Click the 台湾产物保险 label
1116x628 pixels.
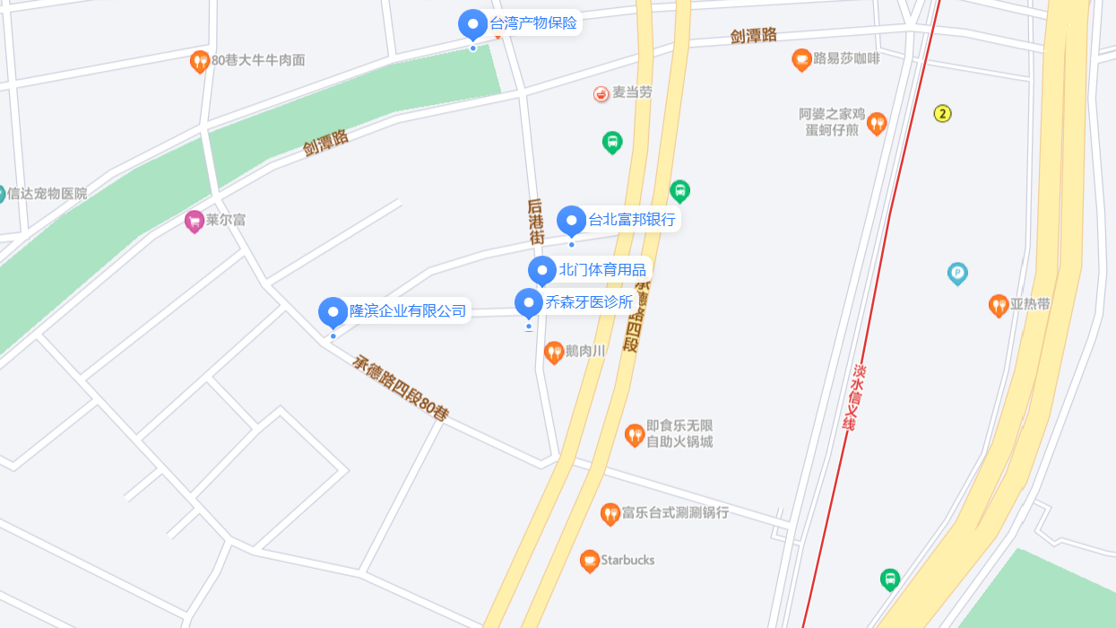coord(533,22)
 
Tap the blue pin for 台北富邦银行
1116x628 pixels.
coord(571,220)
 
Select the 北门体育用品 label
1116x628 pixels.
coord(601,270)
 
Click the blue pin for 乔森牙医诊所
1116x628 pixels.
coord(528,302)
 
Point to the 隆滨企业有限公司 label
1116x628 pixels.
coord(408,311)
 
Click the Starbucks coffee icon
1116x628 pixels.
coord(589,561)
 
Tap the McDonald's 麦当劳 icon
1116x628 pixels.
coord(601,93)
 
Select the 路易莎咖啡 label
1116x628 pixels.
coord(846,60)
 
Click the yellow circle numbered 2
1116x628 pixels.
coord(942,113)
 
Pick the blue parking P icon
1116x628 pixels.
coord(957,273)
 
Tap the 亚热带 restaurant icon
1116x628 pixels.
coord(998,305)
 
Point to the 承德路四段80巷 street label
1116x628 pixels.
coord(400,388)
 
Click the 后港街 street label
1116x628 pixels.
coord(536,221)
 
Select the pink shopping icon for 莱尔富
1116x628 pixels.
coord(194,221)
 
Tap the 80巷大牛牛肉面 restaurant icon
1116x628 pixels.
coord(200,61)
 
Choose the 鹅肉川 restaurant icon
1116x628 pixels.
coord(553,352)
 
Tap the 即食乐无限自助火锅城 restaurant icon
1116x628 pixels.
coord(635,435)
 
